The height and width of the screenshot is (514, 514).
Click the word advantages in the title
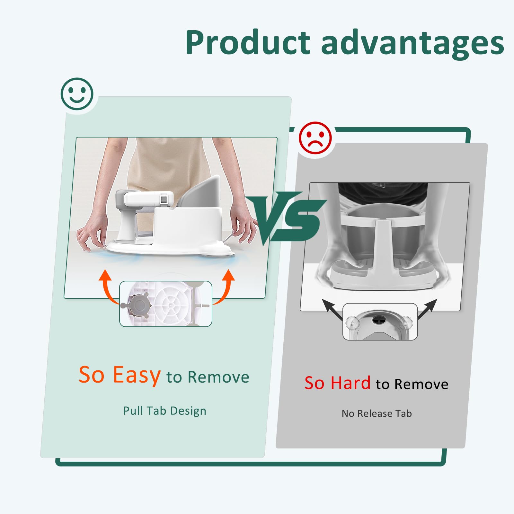click(x=412, y=43)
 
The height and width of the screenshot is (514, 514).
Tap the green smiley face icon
click(x=77, y=94)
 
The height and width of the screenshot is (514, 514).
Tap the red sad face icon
click(x=315, y=138)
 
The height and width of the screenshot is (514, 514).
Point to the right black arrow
click(x=428, y=309)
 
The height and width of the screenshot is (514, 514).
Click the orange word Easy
click(x=137, y=375)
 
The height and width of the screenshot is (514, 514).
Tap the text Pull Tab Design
click(x=165, y=411)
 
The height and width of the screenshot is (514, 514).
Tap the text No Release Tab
click(x=377, y=413)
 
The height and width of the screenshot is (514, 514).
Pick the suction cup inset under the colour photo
click(x=166, y=304)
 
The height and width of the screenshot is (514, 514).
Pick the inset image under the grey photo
click(x=380, y=322)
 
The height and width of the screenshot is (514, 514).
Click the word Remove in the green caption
click(x=218, y=377)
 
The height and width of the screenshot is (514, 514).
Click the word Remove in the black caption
click(x=421, y=384)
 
